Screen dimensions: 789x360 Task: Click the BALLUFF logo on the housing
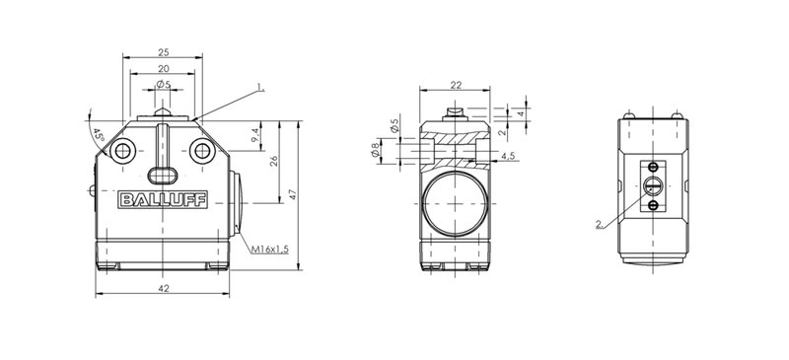(163, 199)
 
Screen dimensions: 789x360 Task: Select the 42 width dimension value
(164, 289)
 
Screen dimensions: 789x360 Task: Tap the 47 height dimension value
(293, 194)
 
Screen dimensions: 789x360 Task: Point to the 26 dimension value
(274, 161)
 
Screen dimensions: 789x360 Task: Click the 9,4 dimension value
(256, 135)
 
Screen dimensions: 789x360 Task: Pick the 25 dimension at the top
(163, 52)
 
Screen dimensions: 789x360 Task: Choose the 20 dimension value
(163, 69)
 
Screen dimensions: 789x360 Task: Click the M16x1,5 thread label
(270, 250)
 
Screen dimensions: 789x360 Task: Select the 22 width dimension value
(456, 85)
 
